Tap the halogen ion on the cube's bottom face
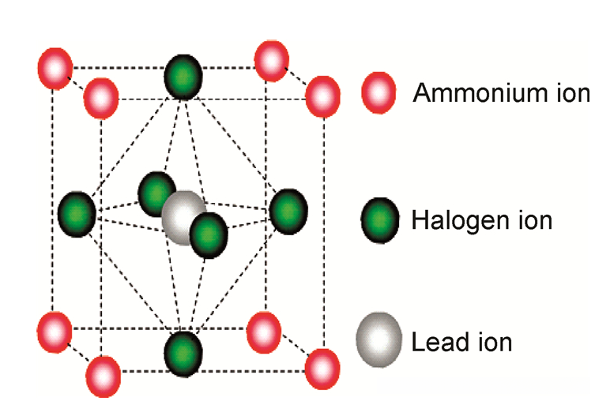tap(183, 349)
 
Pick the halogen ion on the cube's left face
tap(77, 213)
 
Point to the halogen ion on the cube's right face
tap(288, 211)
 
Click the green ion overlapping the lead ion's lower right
tap(209, 233)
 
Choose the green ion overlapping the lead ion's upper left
tap(156, 192)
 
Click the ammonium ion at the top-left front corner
tap(101, 98)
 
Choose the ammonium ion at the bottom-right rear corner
tap(263, 332)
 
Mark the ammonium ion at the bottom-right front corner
tap(322, 367)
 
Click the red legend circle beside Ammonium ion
tap(378, 92)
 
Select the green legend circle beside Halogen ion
tap(380, 219)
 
